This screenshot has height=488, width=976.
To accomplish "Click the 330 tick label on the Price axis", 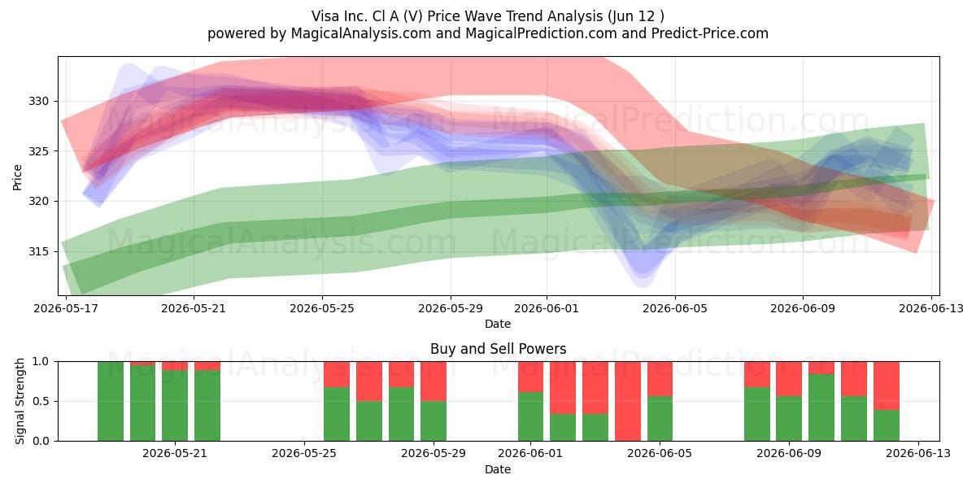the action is click(39, 102).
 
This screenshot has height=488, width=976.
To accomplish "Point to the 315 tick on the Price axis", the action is click(39, 252).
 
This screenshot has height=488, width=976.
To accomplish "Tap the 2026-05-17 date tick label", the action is click(66, 308).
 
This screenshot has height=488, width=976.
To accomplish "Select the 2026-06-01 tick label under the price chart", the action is click(547, 308).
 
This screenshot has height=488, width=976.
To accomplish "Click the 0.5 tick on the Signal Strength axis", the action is click(41, 401).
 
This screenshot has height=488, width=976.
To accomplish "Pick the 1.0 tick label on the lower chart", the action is click(41, 362).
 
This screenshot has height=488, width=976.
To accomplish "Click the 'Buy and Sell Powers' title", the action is click(498, 349).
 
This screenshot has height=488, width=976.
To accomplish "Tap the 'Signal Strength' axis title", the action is click(20, 401).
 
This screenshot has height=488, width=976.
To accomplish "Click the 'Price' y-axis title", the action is click(17, 177).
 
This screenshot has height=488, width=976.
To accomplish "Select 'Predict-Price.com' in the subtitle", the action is click(710, 33).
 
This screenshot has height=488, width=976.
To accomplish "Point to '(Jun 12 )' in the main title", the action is click(634, 16).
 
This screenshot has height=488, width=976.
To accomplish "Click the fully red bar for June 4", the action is click(628, 401).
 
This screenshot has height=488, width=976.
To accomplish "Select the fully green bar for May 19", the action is click(111, 401).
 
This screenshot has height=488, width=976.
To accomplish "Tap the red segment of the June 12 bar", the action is click(887, 386).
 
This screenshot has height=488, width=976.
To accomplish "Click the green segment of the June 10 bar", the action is click(821, 407).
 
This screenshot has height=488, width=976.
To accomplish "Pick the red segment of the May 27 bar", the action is click(369, 381).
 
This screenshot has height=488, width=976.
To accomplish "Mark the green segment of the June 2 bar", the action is click(563, 428).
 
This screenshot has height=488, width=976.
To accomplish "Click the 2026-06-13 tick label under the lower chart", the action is click(918, 454).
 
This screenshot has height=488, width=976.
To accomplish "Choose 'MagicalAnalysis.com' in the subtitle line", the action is click(361, 33).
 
